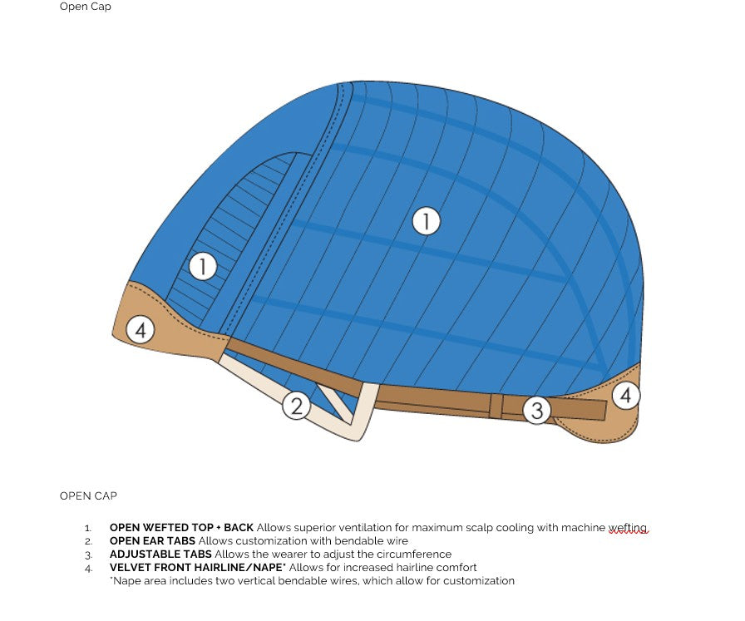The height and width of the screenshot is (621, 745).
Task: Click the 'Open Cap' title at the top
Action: [x=86, y=7]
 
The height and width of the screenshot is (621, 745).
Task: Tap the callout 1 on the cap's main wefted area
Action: [x=426, y=221]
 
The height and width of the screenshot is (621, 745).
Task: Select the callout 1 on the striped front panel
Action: [x=203, y=266]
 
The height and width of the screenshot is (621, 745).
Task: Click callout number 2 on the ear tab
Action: [x=297, y=407]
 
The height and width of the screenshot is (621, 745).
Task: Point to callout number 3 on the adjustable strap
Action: [x=537, y=411]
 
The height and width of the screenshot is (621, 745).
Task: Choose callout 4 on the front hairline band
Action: [x=141, y=330]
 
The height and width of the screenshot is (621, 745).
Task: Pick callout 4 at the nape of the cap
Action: [x=626, y=396]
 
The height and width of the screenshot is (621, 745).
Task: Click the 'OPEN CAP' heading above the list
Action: [x=88, y=495]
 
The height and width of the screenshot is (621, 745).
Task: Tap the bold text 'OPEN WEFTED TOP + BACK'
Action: [x=181, y=527]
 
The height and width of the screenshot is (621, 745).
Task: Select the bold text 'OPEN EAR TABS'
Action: [x=152, y=540]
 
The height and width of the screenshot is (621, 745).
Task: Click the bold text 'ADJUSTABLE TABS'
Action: [x=160, y=554]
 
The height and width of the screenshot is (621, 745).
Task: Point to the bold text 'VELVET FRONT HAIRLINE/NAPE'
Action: [x=197, y=567]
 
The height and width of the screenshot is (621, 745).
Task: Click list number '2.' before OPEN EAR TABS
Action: [x=88, y=541]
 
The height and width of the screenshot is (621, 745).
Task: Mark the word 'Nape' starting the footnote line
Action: [x=126, y=581]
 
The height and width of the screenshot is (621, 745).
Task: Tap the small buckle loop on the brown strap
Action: [x=496, y=407]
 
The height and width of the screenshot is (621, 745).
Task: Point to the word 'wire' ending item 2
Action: [x=397, y=540]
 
